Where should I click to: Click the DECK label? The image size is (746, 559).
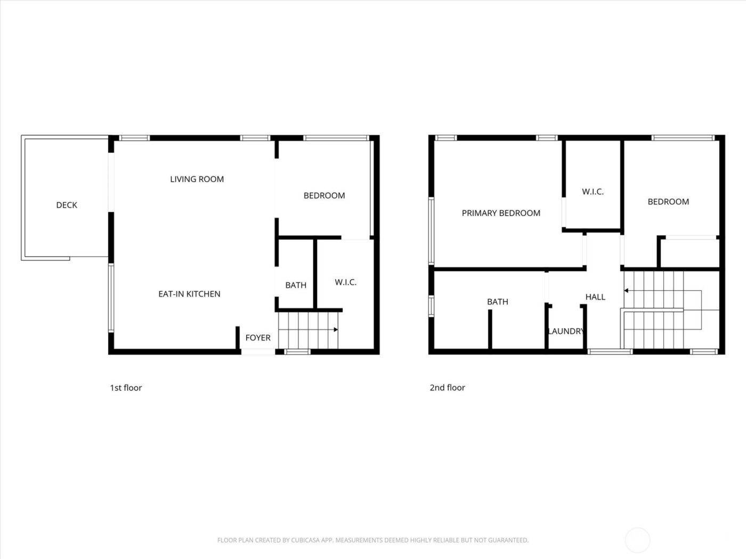point(67,205)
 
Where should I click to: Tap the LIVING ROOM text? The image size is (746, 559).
point(197,179)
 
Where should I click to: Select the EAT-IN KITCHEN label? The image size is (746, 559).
point(189,294)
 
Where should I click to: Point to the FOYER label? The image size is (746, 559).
point(258,338)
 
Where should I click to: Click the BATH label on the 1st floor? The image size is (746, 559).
point(296,285)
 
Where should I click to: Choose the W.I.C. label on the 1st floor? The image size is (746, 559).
point(345,282)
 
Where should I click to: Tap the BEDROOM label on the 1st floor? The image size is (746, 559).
point(324,195)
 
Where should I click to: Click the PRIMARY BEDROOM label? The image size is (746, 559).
point(501,213)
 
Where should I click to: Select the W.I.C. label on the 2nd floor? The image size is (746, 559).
point(593,192)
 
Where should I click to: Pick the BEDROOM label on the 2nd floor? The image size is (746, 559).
point(668,202)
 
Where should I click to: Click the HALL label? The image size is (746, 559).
point(595,297)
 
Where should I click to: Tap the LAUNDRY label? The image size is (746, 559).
point(566,331)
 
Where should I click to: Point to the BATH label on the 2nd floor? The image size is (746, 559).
point(497,302)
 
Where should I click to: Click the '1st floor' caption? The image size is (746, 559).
point(126,388)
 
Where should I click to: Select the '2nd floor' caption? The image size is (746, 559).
point(447,388)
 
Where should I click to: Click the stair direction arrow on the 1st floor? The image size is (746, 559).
point(336,330)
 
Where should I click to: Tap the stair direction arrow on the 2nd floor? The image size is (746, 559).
point(627,291)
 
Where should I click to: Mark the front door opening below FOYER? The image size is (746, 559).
point(258,351)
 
